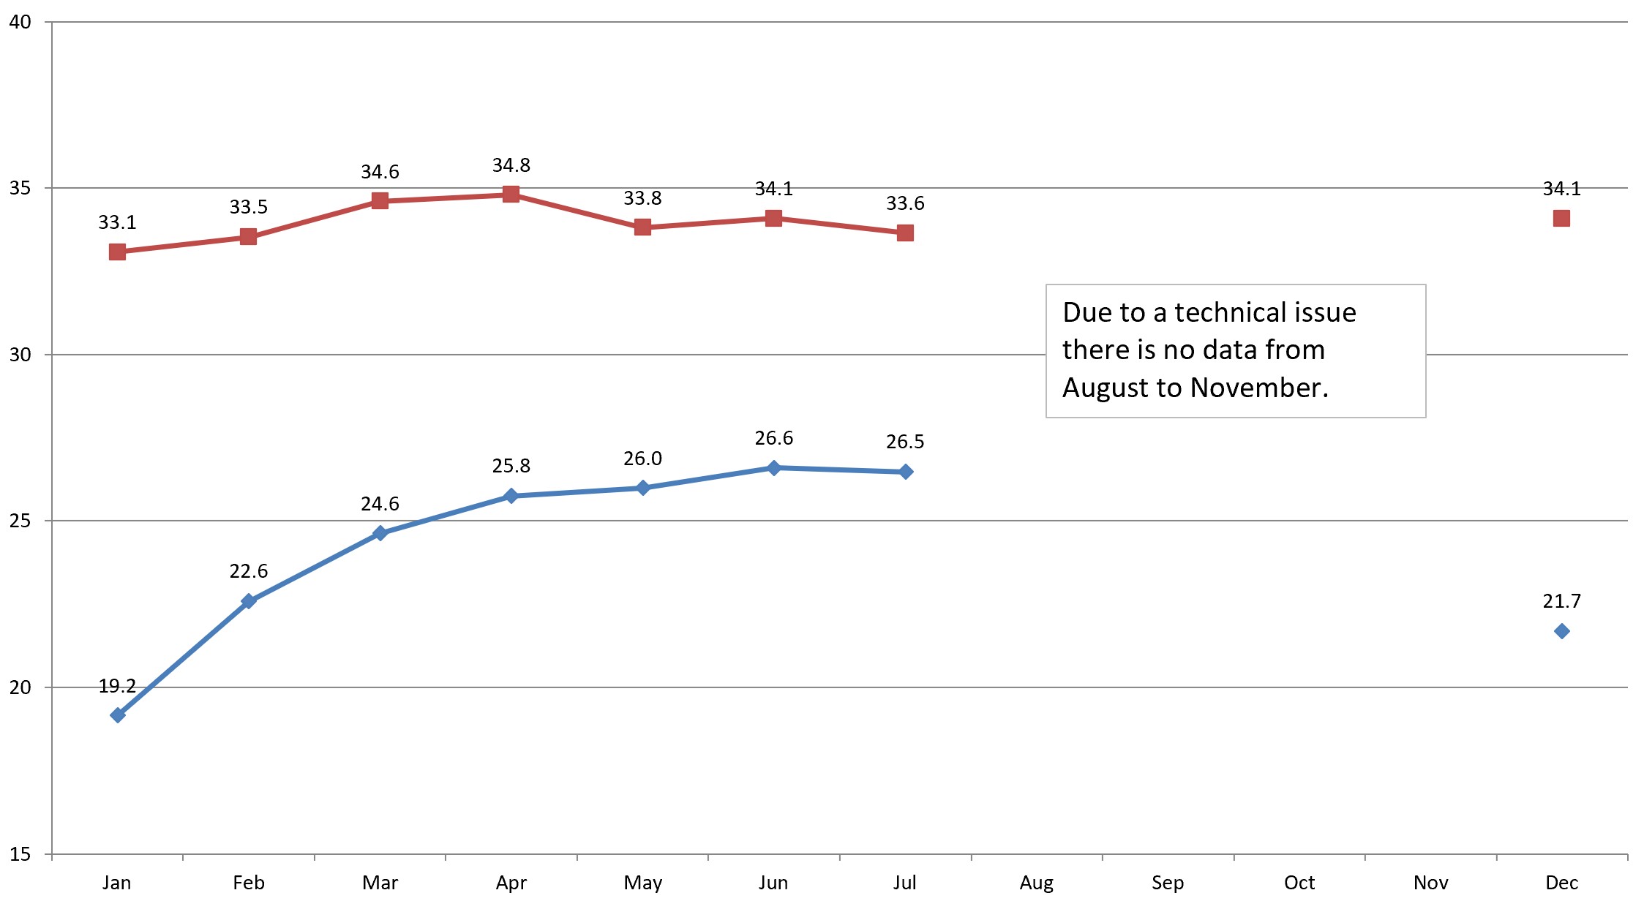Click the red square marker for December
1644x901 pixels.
(1561, 218)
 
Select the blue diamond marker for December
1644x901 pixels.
(1561, 631)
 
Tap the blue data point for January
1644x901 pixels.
(117, 715)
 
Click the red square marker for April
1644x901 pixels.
(511, 194)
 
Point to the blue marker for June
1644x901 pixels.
(773, 468)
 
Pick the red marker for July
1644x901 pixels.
(905, 233)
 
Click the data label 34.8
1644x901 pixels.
(511, 165)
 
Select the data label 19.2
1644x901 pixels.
(117, 686)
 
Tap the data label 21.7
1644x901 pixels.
(1561, 601)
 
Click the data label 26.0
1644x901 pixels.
(642, 459)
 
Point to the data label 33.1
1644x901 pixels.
(117, 222)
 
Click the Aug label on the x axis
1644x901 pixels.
(1036, 883)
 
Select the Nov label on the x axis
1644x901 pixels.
(1430, 883)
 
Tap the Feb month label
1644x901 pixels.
(248, 883)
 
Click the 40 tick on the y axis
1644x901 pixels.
(20, 22)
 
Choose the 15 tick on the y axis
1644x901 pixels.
(20, 854)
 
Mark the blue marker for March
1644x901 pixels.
(380, 533)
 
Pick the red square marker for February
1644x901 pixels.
(248, 236)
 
